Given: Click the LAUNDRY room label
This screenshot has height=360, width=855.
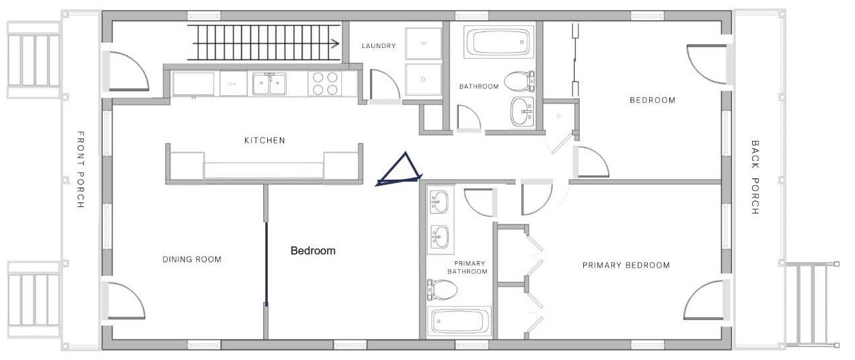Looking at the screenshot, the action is (x=379, y=46).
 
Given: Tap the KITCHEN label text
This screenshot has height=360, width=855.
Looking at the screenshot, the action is (x=265, y=140).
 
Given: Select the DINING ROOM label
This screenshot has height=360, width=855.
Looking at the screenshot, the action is (x=192, y=260).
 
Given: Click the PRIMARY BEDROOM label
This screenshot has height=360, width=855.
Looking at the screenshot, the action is (x=626, y=265).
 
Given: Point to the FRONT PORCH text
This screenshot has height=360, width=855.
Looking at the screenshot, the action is (x=81, y=170).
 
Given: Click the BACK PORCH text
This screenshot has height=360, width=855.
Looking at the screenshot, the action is (x=755, y=177).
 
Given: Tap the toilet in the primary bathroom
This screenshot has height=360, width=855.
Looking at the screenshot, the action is (x=442, y=289).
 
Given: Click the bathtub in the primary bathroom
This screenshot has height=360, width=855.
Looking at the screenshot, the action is (x=459, y=321).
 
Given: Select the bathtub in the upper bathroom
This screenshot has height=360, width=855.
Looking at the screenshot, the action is (x=498, y=42).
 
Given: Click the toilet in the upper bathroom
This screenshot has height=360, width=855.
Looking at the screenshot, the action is (x=519, y=81).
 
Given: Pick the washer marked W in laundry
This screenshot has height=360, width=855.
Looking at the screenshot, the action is (x=423, y=43).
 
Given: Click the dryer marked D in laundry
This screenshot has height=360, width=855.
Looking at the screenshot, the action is (x=423, y=79).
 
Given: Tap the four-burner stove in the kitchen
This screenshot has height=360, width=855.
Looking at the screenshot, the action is (x=325, y=83).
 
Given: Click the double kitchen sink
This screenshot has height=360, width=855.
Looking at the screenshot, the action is (x=269, y=84).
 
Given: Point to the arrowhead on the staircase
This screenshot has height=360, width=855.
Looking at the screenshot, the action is (x=335, y=43).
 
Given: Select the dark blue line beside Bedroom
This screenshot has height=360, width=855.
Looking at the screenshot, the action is (x=267, y=263).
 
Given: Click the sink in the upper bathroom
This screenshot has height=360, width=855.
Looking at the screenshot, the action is (x=522, y=112).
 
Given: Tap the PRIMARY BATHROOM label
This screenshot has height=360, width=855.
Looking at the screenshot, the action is (x=468, y=268).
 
